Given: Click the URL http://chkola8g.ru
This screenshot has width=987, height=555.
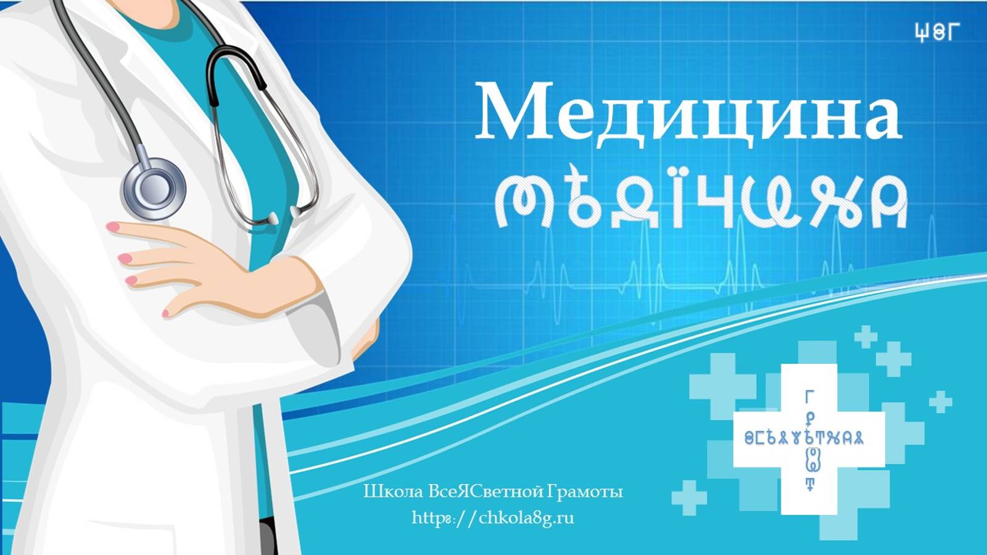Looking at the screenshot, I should [493, 517].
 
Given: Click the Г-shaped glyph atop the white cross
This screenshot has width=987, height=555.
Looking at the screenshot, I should [810, 395].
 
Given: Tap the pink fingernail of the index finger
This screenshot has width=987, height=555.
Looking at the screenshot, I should [113, 227].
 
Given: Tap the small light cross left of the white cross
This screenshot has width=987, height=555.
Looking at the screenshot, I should [688, 497].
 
